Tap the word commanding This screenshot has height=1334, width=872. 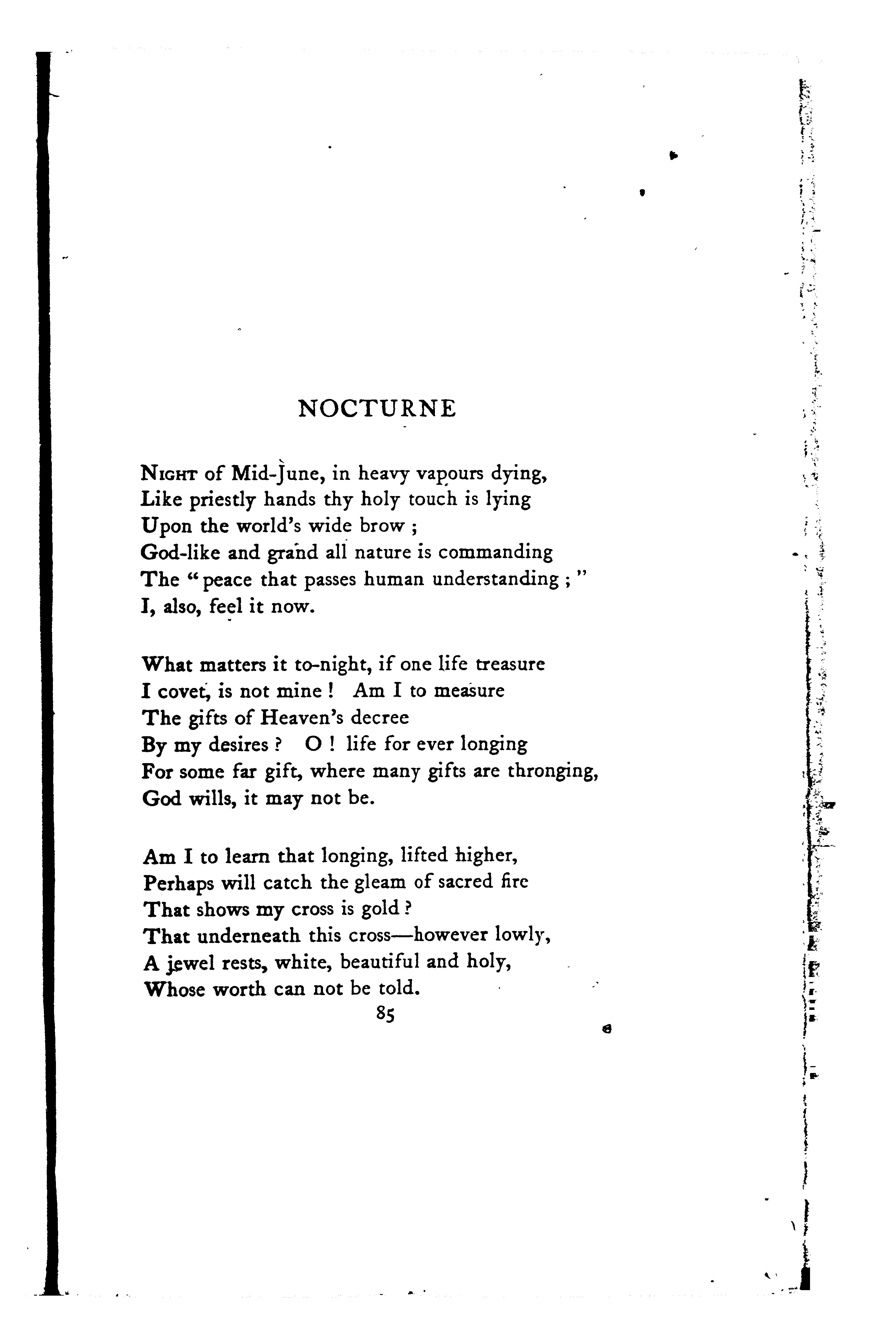(496, 553)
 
